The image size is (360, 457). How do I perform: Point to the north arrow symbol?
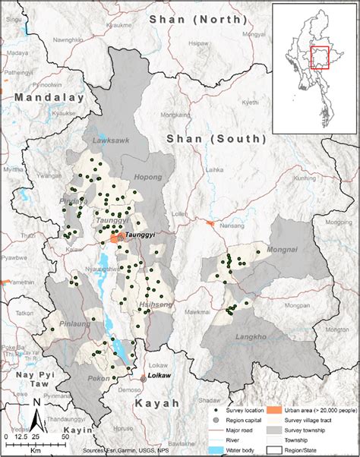pyautogui.click(x=36, y=417)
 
